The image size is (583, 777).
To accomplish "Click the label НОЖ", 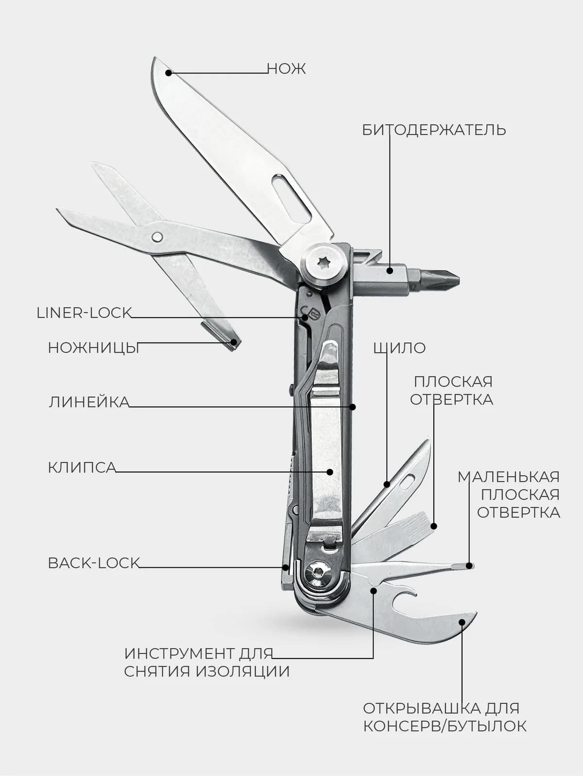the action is point(286,68).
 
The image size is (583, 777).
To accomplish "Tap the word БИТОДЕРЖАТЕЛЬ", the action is point(434,130).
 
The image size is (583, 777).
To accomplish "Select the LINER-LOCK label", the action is point(84,313).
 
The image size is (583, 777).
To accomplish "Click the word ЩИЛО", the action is point(400,348).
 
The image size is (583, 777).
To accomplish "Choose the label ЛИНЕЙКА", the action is point(89,402).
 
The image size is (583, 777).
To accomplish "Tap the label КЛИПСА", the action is point(82,468).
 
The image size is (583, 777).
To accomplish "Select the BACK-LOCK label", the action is point(94,563).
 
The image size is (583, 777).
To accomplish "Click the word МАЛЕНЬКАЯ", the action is point(509,477).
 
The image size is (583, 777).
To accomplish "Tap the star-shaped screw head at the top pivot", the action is point(323,263).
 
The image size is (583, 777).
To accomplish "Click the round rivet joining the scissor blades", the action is point(157,237).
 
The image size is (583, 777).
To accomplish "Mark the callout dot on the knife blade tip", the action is point(169,73).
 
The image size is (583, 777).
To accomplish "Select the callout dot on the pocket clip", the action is point(330,472).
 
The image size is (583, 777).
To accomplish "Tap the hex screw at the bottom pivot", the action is point(318,572).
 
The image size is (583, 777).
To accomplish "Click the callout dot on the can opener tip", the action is point(462,622).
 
